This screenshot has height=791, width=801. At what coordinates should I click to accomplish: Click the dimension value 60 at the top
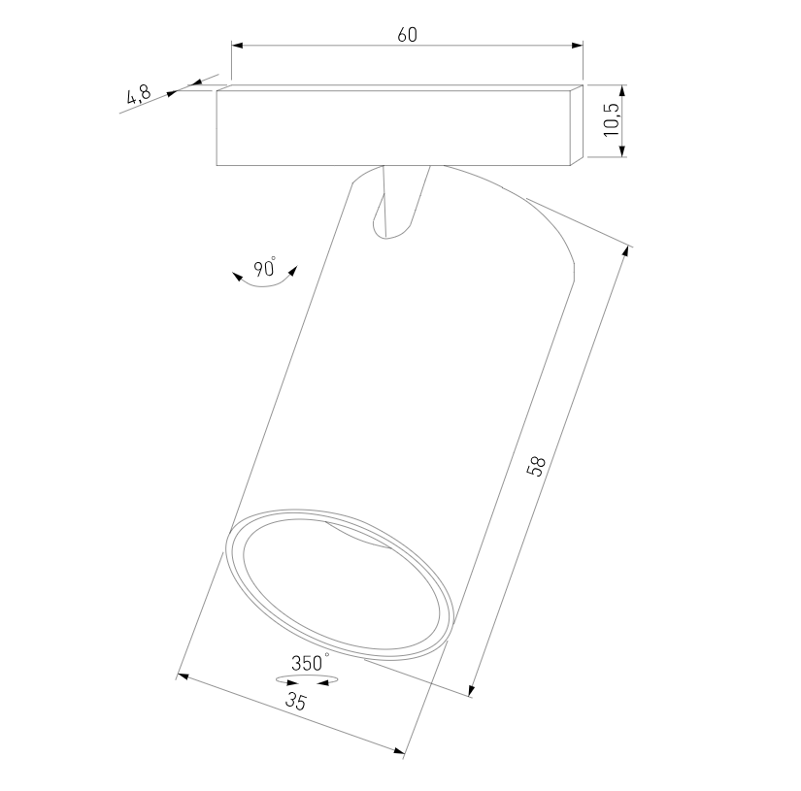(x=407, y=35)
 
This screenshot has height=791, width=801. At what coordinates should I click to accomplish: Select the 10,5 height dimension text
(x=612, y=120)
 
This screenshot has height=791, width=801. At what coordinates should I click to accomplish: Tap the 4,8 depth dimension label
(x=139, y=94)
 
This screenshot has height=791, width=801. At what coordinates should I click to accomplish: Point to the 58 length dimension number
(x=536, y=466)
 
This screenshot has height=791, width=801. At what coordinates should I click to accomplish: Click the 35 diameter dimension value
(x=295, y=701)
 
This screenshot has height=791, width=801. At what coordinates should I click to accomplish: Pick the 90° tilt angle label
(x=265, y=267)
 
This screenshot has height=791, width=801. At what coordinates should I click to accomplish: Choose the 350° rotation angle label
(x=310, y=662)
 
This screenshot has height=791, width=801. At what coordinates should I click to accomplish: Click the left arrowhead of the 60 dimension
(x=238, y=46)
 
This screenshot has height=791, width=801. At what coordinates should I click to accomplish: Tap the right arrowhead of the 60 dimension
(x=578, y=46)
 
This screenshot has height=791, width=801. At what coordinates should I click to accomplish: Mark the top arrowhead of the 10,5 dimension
(x=621, y=91)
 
